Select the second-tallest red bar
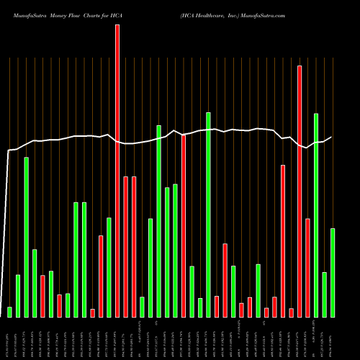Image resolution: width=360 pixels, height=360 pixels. point(300,191)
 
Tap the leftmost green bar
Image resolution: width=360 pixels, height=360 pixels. point(9,312)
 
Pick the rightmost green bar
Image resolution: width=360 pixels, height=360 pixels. point(333,272)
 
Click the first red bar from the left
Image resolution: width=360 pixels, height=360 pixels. point(42,296)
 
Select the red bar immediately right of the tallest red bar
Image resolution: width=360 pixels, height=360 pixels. point(125,246)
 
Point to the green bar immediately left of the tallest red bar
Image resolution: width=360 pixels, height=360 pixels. point(109,267)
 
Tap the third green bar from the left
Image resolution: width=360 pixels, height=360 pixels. point(26,237)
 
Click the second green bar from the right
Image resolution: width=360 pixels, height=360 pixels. point(324,294)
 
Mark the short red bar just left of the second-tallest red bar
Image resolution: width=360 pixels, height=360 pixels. point(291,312)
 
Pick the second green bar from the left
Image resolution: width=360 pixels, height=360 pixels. point(18,296)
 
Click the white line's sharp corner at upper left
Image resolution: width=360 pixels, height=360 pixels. point(9,150)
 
